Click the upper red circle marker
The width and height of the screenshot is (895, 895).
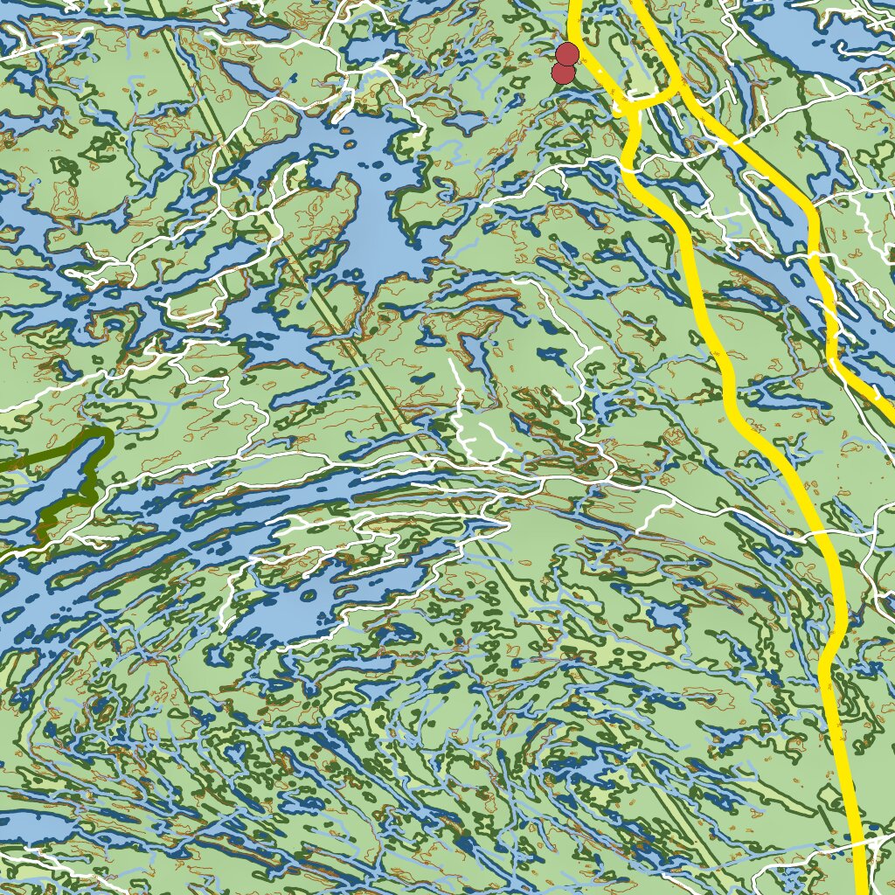click(566, 54)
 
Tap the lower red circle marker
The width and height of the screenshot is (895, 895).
click(563, 73)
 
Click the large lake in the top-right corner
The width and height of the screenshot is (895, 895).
click(804, 44)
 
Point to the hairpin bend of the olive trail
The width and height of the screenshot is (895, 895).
click(105, 432)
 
